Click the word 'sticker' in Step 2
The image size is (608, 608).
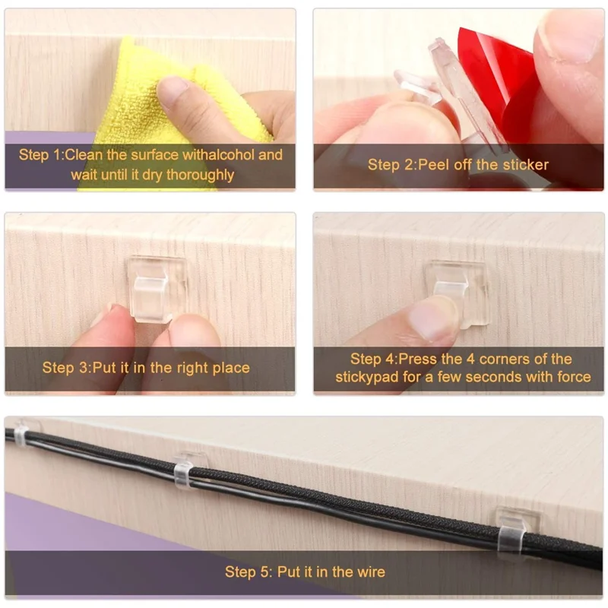point(524,164)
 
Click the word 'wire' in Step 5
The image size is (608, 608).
point(370,572)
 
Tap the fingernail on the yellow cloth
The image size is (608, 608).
point(173,90)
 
